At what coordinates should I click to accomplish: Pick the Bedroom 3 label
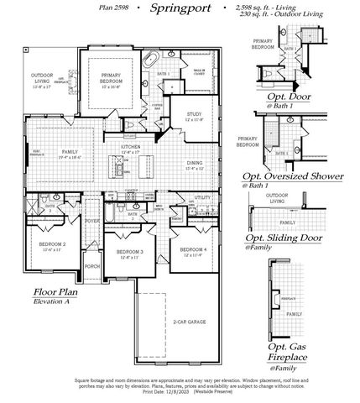pyautogui.click(x=130, y=251)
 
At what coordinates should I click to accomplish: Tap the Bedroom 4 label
pyautogui.click(x=192, y=249)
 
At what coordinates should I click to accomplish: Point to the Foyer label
pyautogui.click(x=92, y=222)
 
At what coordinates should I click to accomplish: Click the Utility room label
pyautogui.click(x=201, y=196)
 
